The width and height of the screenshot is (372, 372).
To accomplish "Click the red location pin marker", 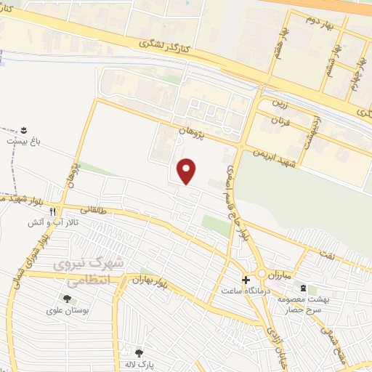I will [187, 171].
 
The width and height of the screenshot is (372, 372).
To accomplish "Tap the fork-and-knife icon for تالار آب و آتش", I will [52, 213].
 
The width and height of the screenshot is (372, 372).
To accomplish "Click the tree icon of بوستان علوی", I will [67, 298].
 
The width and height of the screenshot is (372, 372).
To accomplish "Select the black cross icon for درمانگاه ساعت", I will [246, 280].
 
